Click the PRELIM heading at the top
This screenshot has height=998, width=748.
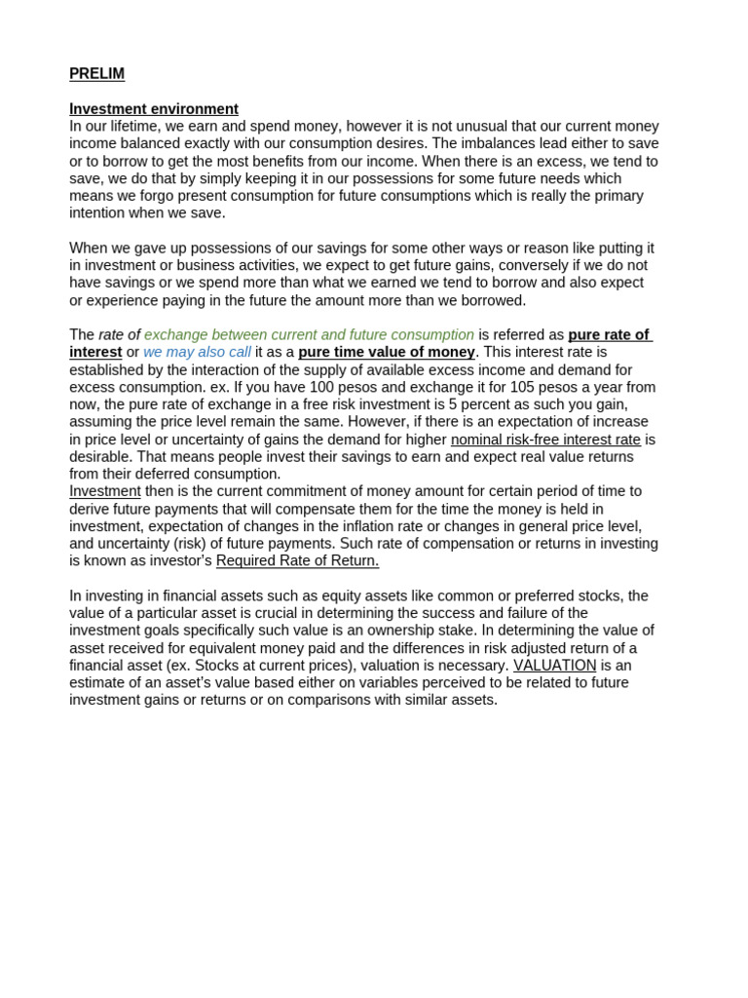[96, 74]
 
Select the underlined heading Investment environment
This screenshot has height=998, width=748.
[153, 109]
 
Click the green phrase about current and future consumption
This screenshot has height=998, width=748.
[309, 334]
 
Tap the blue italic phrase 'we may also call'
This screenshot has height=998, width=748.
[197, 352]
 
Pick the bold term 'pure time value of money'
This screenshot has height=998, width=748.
[387, 352]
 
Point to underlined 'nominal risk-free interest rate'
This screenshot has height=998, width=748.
[545, 440]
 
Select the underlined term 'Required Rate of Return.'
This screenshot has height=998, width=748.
[297, 560]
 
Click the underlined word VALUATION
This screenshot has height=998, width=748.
[554, 666]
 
